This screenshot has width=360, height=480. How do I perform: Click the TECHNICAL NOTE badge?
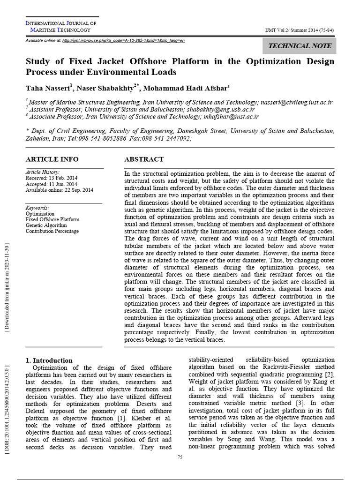pyautogui.click(x=300, y=45)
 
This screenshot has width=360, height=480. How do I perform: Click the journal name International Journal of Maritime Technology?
pyautogui.click(x=60, y=26)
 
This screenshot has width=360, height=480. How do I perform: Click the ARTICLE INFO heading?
pyautogui.click(x=52, y=159)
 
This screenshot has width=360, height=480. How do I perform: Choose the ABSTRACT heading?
pyautogui.click(x=144, y=159)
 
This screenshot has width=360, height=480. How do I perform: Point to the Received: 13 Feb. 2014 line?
pyautogui.click(x=52, y=178)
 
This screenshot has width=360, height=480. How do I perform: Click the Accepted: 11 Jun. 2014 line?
pyautogui.click(x=52, y=184)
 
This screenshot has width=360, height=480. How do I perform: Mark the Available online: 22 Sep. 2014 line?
pyautogui.click(x=59, y=190)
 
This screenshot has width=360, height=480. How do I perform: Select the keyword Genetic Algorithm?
pyautogui.click(x=46, y=225)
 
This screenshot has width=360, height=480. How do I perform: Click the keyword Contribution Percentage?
pyautogui.click(x=52, y=231)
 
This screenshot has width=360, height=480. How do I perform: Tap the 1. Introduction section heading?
pyautogui.click(x=49, y=360)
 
